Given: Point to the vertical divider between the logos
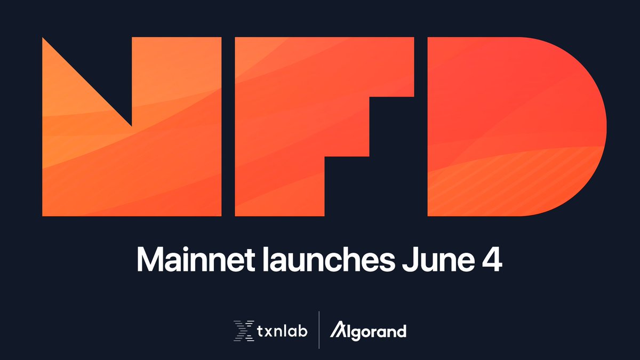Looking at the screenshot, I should (319, 330).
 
